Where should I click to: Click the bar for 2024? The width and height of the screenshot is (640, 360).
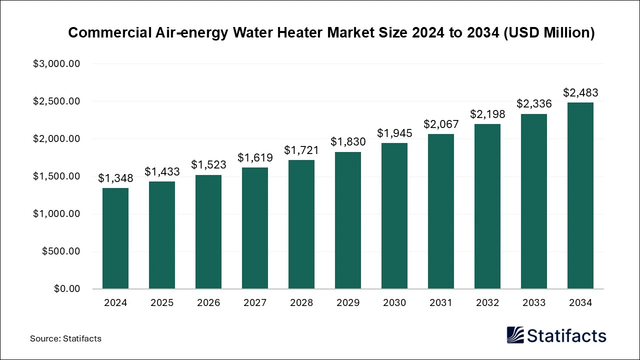115,238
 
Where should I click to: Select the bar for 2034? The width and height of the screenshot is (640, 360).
580,195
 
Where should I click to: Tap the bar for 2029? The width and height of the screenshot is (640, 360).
347,220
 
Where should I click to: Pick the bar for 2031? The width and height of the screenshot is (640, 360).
440,211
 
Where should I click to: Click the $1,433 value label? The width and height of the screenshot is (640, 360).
162,171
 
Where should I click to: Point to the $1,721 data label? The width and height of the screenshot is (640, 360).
301,150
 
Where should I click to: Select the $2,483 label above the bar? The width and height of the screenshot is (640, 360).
580,92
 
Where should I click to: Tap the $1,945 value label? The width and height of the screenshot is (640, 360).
394,133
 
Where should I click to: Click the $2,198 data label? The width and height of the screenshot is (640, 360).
487,114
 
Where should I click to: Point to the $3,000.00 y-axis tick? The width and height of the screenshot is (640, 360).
56,64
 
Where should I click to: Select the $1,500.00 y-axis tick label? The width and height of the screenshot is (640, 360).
56,176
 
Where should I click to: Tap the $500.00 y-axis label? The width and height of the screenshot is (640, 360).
61,251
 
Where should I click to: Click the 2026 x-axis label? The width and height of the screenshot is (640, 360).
208,303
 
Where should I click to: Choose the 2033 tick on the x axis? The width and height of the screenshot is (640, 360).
533,303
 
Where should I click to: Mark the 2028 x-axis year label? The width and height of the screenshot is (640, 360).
301,303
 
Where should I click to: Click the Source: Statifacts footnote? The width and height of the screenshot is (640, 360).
65,338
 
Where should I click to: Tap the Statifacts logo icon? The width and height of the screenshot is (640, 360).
515,335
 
